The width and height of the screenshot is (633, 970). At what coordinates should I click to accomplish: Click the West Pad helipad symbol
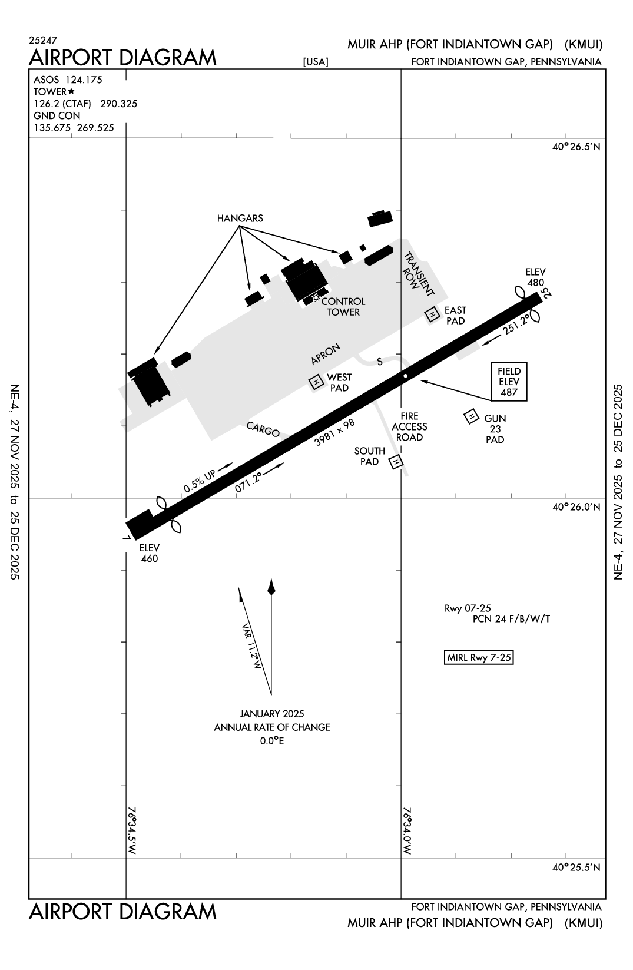tap(317, 382)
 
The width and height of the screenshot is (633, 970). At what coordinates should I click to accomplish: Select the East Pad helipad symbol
tap(433, 315)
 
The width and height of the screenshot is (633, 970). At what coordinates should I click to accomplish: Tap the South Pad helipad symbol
tap(396, 462)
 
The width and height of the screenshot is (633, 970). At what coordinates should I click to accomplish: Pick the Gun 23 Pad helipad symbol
tap(471, 417)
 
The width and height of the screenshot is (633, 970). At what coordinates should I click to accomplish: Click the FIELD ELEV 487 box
tap(509, 382)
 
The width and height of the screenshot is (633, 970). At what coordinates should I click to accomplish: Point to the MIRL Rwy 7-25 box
tap(479, 658)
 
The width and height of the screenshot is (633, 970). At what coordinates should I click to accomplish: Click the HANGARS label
tap(240, 219)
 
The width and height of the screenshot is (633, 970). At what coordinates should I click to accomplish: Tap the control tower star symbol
tap(316, 297)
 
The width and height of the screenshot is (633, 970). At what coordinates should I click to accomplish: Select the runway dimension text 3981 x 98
tap(334, 432)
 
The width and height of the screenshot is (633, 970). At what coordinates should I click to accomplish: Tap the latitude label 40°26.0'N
tap(576, 507)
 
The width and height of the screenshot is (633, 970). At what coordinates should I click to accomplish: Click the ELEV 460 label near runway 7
tap(150, 553)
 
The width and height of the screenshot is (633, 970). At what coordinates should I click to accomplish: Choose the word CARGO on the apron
tap(263, 430)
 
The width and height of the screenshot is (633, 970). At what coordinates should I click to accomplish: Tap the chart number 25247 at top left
tap(42, 41)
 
